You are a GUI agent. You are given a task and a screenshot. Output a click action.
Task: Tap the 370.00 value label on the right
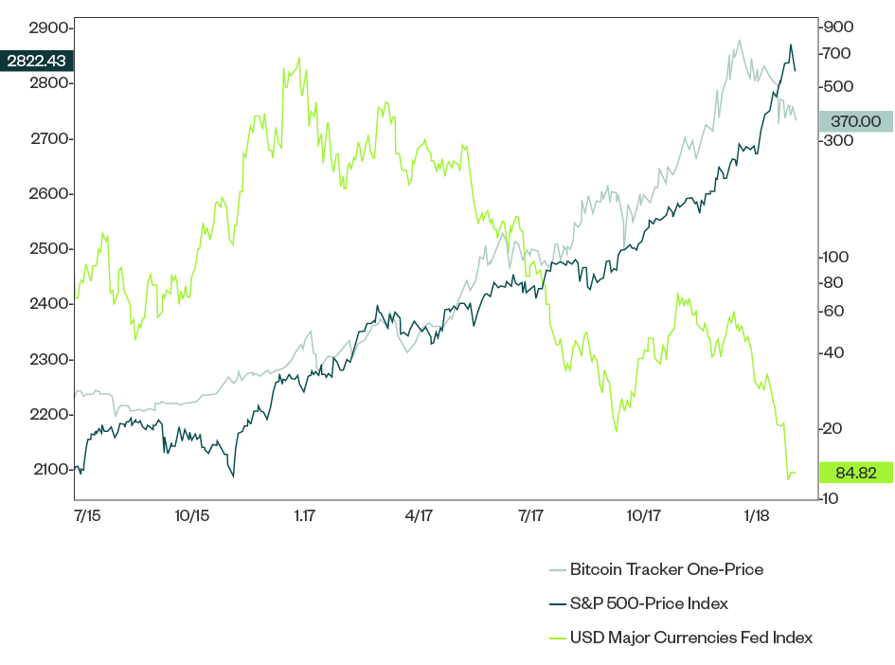(x=855, y=121)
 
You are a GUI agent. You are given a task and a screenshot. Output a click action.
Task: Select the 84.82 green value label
(x=855, y=472)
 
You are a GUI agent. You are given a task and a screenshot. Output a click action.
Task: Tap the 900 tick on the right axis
(x=838, y=27)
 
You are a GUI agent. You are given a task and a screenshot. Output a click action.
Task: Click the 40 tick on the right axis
(x=834, y=353)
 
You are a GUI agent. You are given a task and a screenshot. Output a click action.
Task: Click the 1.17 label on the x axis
(x=304, y=516)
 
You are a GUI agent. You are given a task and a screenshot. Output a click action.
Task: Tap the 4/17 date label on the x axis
(x=418, y=516)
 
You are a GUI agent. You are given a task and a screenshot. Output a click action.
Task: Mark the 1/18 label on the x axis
(x=756, y=516)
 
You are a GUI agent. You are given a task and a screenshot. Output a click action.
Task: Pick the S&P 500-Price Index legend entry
(x=649, y=603)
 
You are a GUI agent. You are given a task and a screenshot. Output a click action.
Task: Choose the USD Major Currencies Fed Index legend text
(x=690, y=638)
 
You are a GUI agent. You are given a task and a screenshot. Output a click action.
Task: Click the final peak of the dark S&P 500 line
(x=791, y=45)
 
